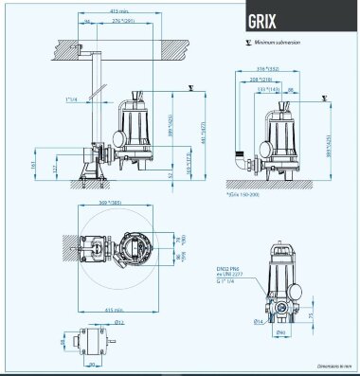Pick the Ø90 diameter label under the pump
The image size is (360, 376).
pyautogui.click(x=280, y=331)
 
